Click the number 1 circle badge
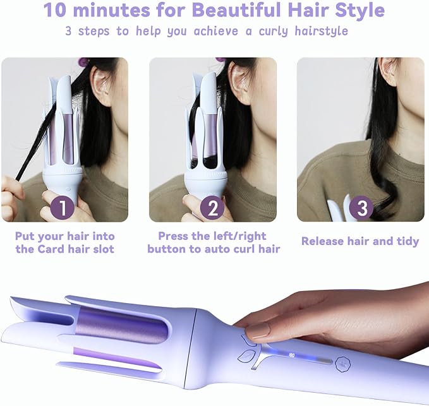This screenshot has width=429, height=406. (x=63, y=208)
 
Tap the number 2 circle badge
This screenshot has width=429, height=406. (x=212, y=208)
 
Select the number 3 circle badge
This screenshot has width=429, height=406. (x=361, y=208)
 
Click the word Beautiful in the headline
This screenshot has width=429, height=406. (x=236, y=10)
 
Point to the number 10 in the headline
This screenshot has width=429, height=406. (x=55, y=10)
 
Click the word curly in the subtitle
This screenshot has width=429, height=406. (x=273, y=32)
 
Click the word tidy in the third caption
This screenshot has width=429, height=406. (x=408, y=242)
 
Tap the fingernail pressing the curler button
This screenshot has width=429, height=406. (x=258, y=330)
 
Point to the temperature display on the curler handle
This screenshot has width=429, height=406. (x=292, y=355)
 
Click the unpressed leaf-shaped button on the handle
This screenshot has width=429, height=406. (x=246, y=356)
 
